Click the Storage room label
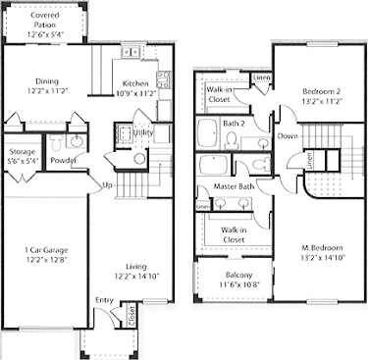click(22, 152)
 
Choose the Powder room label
click(64, 161)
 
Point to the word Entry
click(104, 301)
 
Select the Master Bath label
click(235, 187)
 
